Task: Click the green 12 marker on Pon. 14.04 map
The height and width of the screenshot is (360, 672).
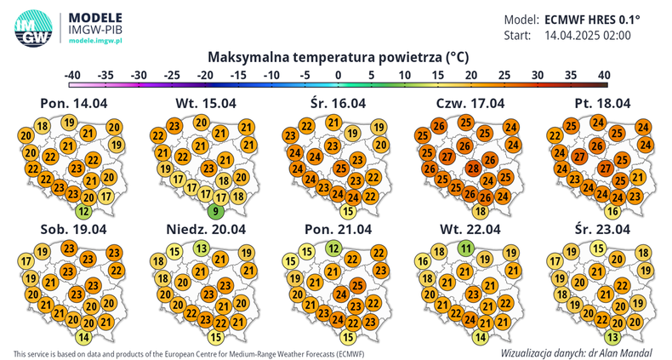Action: coord(83,211)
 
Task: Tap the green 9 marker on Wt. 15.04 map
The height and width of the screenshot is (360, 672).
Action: coord(218,211)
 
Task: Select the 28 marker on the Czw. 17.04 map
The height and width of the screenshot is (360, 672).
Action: coord(473,169)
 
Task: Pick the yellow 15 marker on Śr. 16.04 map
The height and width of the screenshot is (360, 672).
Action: coord(347,211)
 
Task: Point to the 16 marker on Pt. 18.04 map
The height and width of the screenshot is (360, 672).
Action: coord(611,211)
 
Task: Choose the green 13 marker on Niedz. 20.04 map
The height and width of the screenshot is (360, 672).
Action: coord(201,249)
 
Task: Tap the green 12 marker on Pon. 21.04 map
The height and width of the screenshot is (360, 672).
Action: coord(334,249)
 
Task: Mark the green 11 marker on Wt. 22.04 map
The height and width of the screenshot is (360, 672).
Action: coord(466,249)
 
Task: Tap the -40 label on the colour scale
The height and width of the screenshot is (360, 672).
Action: coord(73,74)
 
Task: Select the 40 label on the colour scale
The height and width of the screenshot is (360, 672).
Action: coord(604,74)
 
